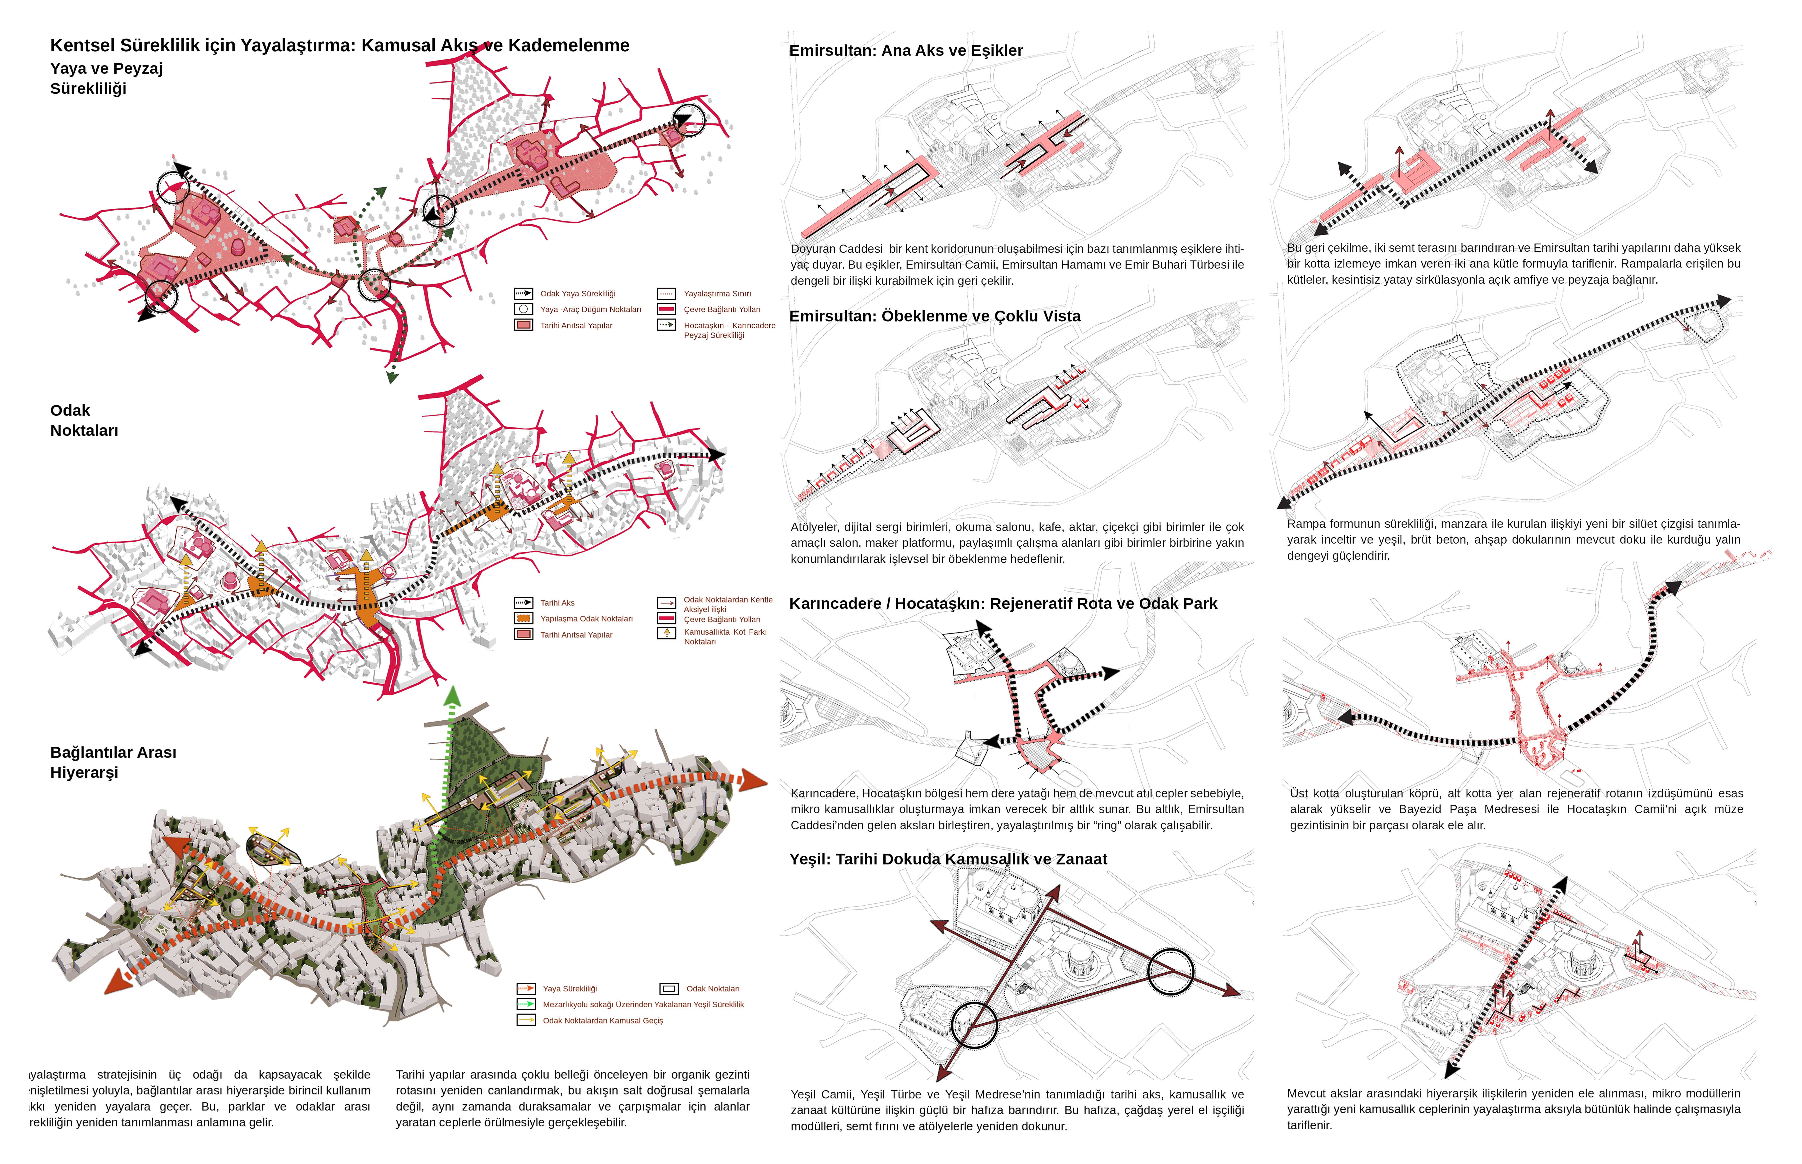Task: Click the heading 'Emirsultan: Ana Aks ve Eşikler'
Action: (905, 51)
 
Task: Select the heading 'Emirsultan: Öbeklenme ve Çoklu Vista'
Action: (934, 316)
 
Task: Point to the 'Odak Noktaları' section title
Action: (84, 420)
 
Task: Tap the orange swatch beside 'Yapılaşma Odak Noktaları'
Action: (523, 618)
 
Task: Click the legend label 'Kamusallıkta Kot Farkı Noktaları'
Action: (724, 636)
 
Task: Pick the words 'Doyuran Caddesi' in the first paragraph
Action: (836, 249)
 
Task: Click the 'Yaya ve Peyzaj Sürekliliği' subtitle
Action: (106, 79)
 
